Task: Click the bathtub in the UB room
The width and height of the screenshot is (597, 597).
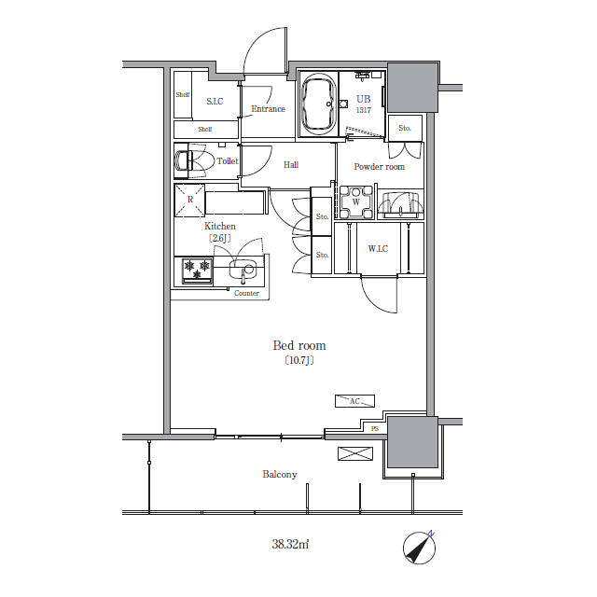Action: [319, 104]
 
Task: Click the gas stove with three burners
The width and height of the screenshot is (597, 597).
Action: [197, 271]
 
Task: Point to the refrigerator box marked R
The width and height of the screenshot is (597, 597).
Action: [189, 200]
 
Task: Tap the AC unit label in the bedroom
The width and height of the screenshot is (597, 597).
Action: [354, 401]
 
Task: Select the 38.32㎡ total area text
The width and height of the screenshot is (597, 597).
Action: [290, 544]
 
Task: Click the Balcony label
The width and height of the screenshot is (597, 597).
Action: [280, 475]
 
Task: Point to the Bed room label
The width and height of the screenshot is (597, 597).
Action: [299, 345]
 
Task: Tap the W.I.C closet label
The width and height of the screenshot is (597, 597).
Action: [378, 249]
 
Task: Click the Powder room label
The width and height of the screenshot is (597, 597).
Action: [380, 166]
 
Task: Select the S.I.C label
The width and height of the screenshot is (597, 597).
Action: [215, 102]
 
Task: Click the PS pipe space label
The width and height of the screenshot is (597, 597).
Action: [375, 429]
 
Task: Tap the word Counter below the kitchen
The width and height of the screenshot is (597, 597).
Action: [246, 293]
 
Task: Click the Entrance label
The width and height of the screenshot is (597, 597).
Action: [268, 109]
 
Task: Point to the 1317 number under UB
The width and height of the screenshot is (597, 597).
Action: [364, 110]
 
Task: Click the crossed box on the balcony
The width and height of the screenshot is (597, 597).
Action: [355, 453]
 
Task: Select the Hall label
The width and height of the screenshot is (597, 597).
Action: [291, 165]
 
